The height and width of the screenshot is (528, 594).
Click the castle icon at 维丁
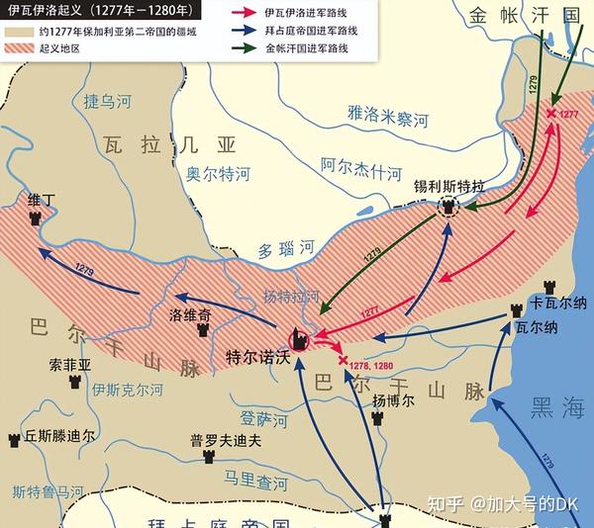[36, 218]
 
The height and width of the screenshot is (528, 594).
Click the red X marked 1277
[551, 115]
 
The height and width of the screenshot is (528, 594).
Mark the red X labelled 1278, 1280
[344, 361]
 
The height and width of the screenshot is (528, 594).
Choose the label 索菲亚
[69, 365]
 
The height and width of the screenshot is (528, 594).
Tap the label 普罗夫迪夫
[227, 442]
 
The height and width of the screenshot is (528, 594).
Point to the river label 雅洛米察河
[388, 118]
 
